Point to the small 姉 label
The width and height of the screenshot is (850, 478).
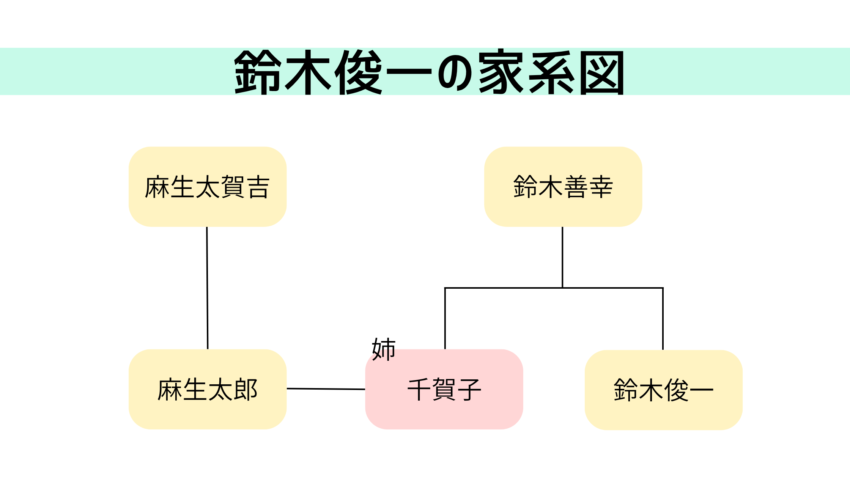[384, 349]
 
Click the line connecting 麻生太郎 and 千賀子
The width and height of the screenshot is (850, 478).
[326, 389]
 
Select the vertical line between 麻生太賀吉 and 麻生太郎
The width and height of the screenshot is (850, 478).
[207, 288]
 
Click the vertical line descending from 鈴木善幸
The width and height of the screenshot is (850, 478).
[562, 258]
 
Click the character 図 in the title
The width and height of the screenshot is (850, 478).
[603, 72]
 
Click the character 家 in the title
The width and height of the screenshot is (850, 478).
[501, 72]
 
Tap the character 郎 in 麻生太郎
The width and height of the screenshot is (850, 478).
[246, 390]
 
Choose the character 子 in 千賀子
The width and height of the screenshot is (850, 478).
[469, 390]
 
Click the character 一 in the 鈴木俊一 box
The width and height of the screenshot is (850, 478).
[702, 390]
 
